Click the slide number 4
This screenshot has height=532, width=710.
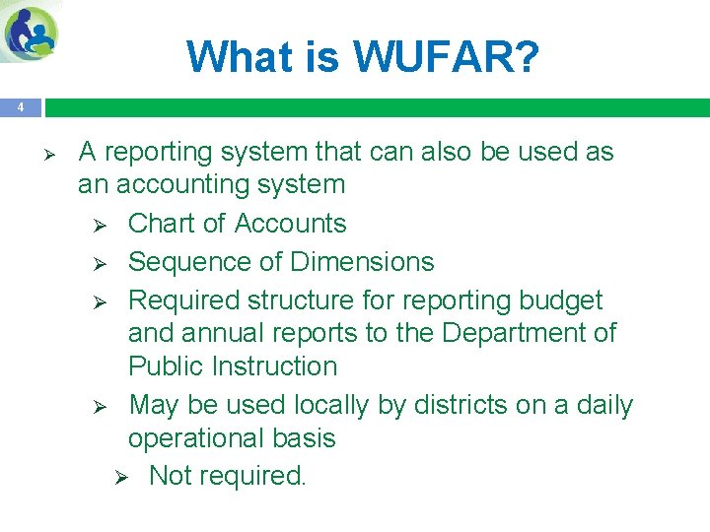point(20,107)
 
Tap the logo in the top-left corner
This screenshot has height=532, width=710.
point(32,33)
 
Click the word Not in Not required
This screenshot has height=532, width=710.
point(170,476)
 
